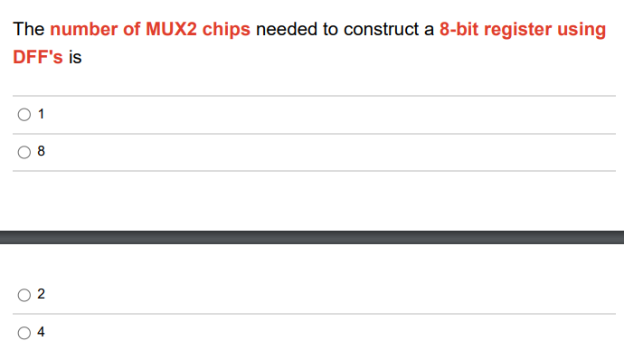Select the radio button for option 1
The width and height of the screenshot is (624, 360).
click(23, 115)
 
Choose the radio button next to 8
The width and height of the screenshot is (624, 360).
click(23, 152)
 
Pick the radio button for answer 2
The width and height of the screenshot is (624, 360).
click(23, 295)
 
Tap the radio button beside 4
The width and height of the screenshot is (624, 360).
click(23, 332)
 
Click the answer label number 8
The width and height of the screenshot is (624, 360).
click(42, 152)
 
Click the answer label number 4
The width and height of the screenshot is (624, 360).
click(42, 332)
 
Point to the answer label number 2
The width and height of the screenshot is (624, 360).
click(42, 295)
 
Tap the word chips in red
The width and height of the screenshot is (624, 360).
click(226, 29)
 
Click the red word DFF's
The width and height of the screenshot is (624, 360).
click(38, 56)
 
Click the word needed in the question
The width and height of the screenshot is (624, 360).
click(283, 29)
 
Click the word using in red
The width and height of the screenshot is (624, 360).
click(584, 29)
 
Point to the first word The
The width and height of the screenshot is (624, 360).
click(28, 29)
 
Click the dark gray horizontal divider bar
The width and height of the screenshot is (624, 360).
click(312, 237)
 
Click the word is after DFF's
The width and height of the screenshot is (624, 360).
click(75, 56)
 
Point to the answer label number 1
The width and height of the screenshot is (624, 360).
click(42, 115)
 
